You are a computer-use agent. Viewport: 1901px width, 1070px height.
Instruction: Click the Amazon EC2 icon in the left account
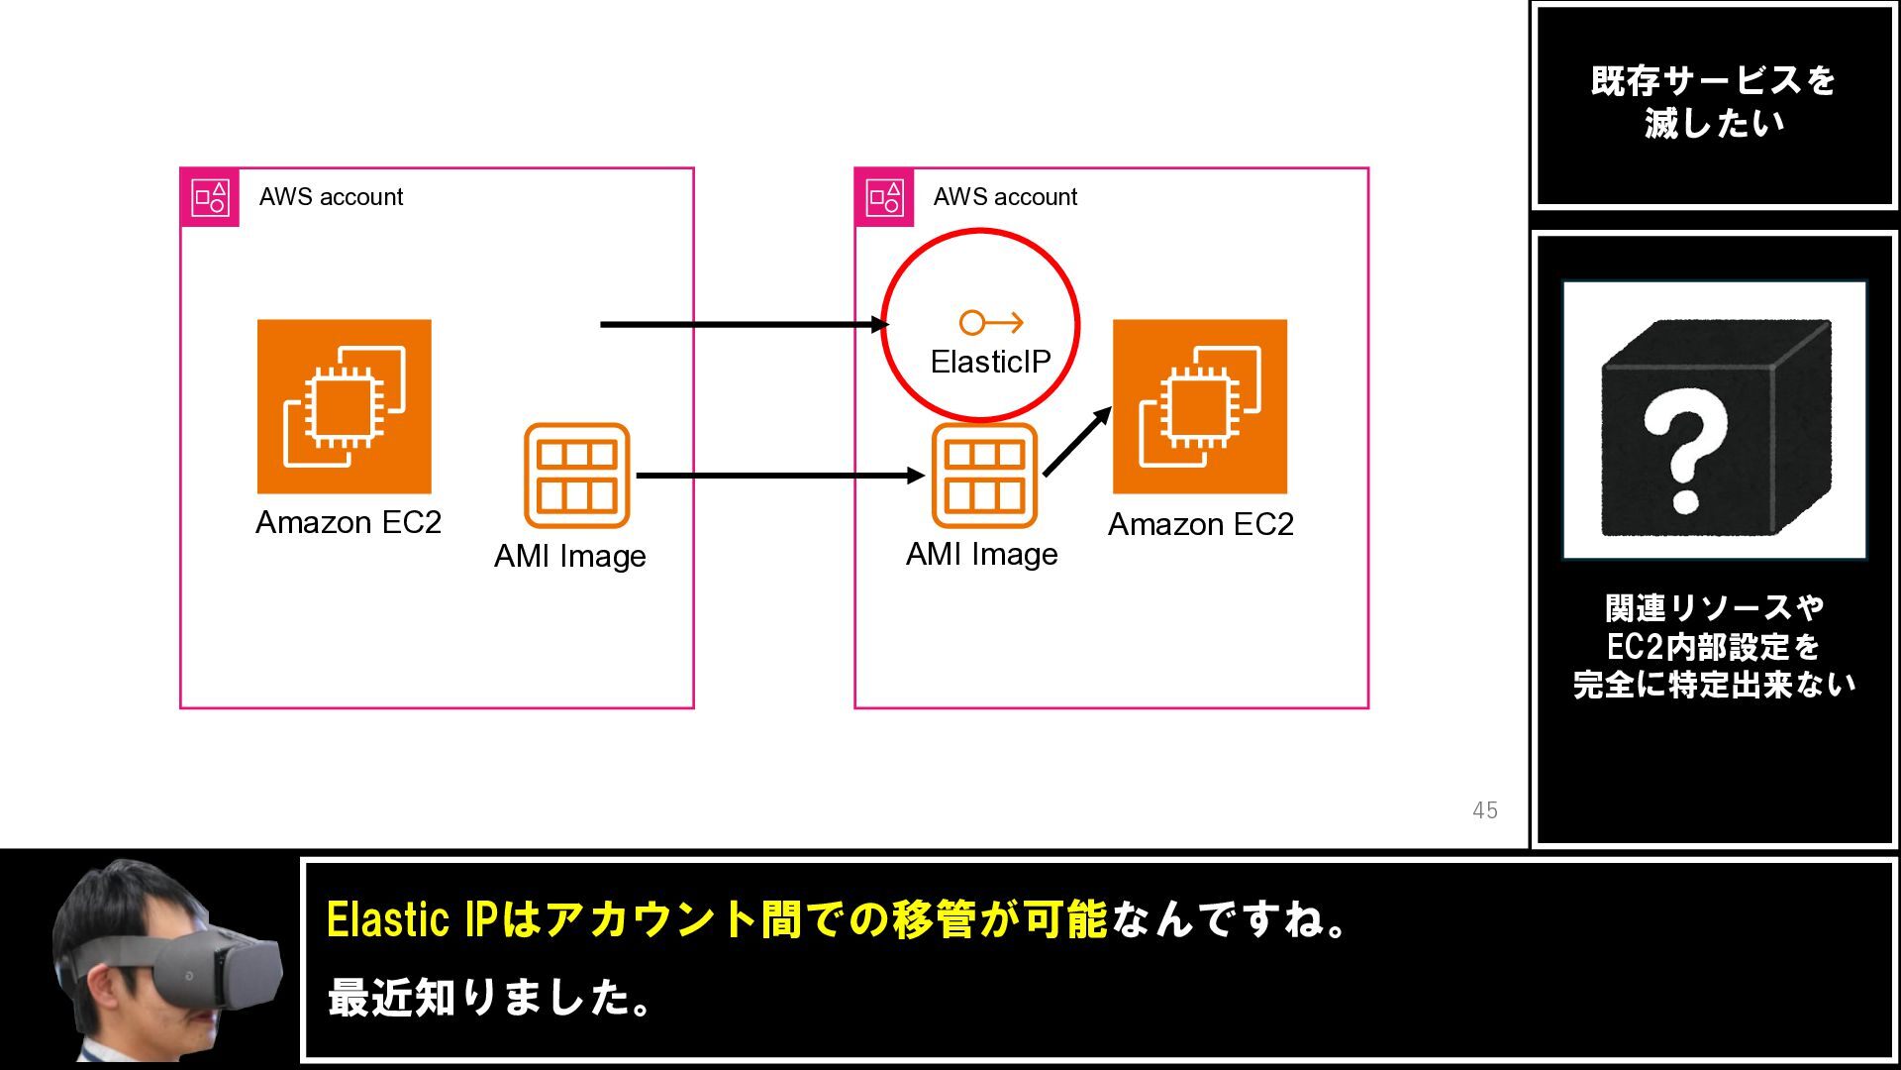click(x=345, y=406)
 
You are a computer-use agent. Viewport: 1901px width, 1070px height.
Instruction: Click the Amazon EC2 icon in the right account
click(x=1200, y=406)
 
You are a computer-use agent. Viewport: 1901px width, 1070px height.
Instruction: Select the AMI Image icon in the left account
click(x=577, y=476)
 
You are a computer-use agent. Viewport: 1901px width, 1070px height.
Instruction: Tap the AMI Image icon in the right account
click(x=984, y=476)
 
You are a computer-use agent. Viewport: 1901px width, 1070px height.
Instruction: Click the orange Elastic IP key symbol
click(x=991, y=322)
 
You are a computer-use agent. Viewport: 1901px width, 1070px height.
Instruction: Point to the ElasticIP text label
click(x=990, y=362)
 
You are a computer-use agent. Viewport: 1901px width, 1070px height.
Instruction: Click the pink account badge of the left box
click(x=210, y=197)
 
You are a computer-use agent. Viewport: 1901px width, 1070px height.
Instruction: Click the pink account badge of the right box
click(x=884, y=197)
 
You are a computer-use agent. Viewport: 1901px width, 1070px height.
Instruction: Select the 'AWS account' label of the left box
click(x=331, y=197)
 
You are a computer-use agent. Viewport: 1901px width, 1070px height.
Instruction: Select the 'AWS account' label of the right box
click(x=1005, y=197)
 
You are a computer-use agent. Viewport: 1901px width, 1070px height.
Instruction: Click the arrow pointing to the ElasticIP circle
click(x=745, y=324)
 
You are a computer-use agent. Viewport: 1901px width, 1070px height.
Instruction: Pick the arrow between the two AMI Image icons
click(x=780, y=476)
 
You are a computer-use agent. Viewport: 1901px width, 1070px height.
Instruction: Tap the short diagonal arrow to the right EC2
click(x=1077, y=441)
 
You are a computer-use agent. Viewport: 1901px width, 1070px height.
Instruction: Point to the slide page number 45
click(x=1485, y=810)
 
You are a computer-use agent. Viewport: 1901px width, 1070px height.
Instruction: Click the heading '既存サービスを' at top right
click(x=1714, y=81)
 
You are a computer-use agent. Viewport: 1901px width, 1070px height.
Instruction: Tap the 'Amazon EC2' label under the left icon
click(x=349, y=522)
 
